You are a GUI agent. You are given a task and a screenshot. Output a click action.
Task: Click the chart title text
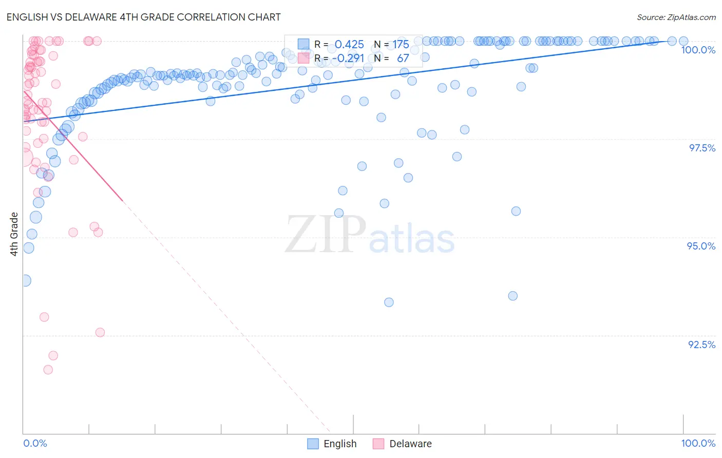[x=144, y=17]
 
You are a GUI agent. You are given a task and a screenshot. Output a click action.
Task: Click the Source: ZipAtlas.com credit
[x=676, y=17]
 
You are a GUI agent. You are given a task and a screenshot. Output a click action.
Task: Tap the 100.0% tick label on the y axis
[x=698, y=50]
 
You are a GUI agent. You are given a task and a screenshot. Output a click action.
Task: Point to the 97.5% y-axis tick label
[x=701, y=148]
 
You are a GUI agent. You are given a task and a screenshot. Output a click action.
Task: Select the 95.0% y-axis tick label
[x=701, y=246]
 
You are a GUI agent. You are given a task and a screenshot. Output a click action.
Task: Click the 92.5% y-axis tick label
[x=701, y=345]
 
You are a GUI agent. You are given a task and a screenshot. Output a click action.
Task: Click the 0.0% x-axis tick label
[x=35, y=443]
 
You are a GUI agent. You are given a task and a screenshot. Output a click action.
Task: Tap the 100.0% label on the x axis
[x=698, y=443]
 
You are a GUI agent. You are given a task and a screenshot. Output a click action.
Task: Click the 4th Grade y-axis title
[x=14, y=234]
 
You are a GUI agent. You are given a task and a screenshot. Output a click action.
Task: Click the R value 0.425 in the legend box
[x=349, y=44]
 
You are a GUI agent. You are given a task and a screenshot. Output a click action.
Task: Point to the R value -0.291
[x=348, y=58]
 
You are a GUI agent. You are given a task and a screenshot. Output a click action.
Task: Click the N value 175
[x=401, y=44]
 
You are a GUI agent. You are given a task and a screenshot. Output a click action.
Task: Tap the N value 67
[x=403, y=58]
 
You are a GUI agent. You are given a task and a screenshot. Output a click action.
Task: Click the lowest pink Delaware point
[x=48, y=370]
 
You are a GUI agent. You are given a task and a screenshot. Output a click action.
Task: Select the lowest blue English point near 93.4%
[x=389, y=302]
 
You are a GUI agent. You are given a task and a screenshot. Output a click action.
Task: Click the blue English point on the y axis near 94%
[x=25, y=280]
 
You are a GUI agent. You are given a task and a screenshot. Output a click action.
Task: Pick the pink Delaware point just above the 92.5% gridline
[x=100, y=333]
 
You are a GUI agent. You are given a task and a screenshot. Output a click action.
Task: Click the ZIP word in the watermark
[x=326, y=235]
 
